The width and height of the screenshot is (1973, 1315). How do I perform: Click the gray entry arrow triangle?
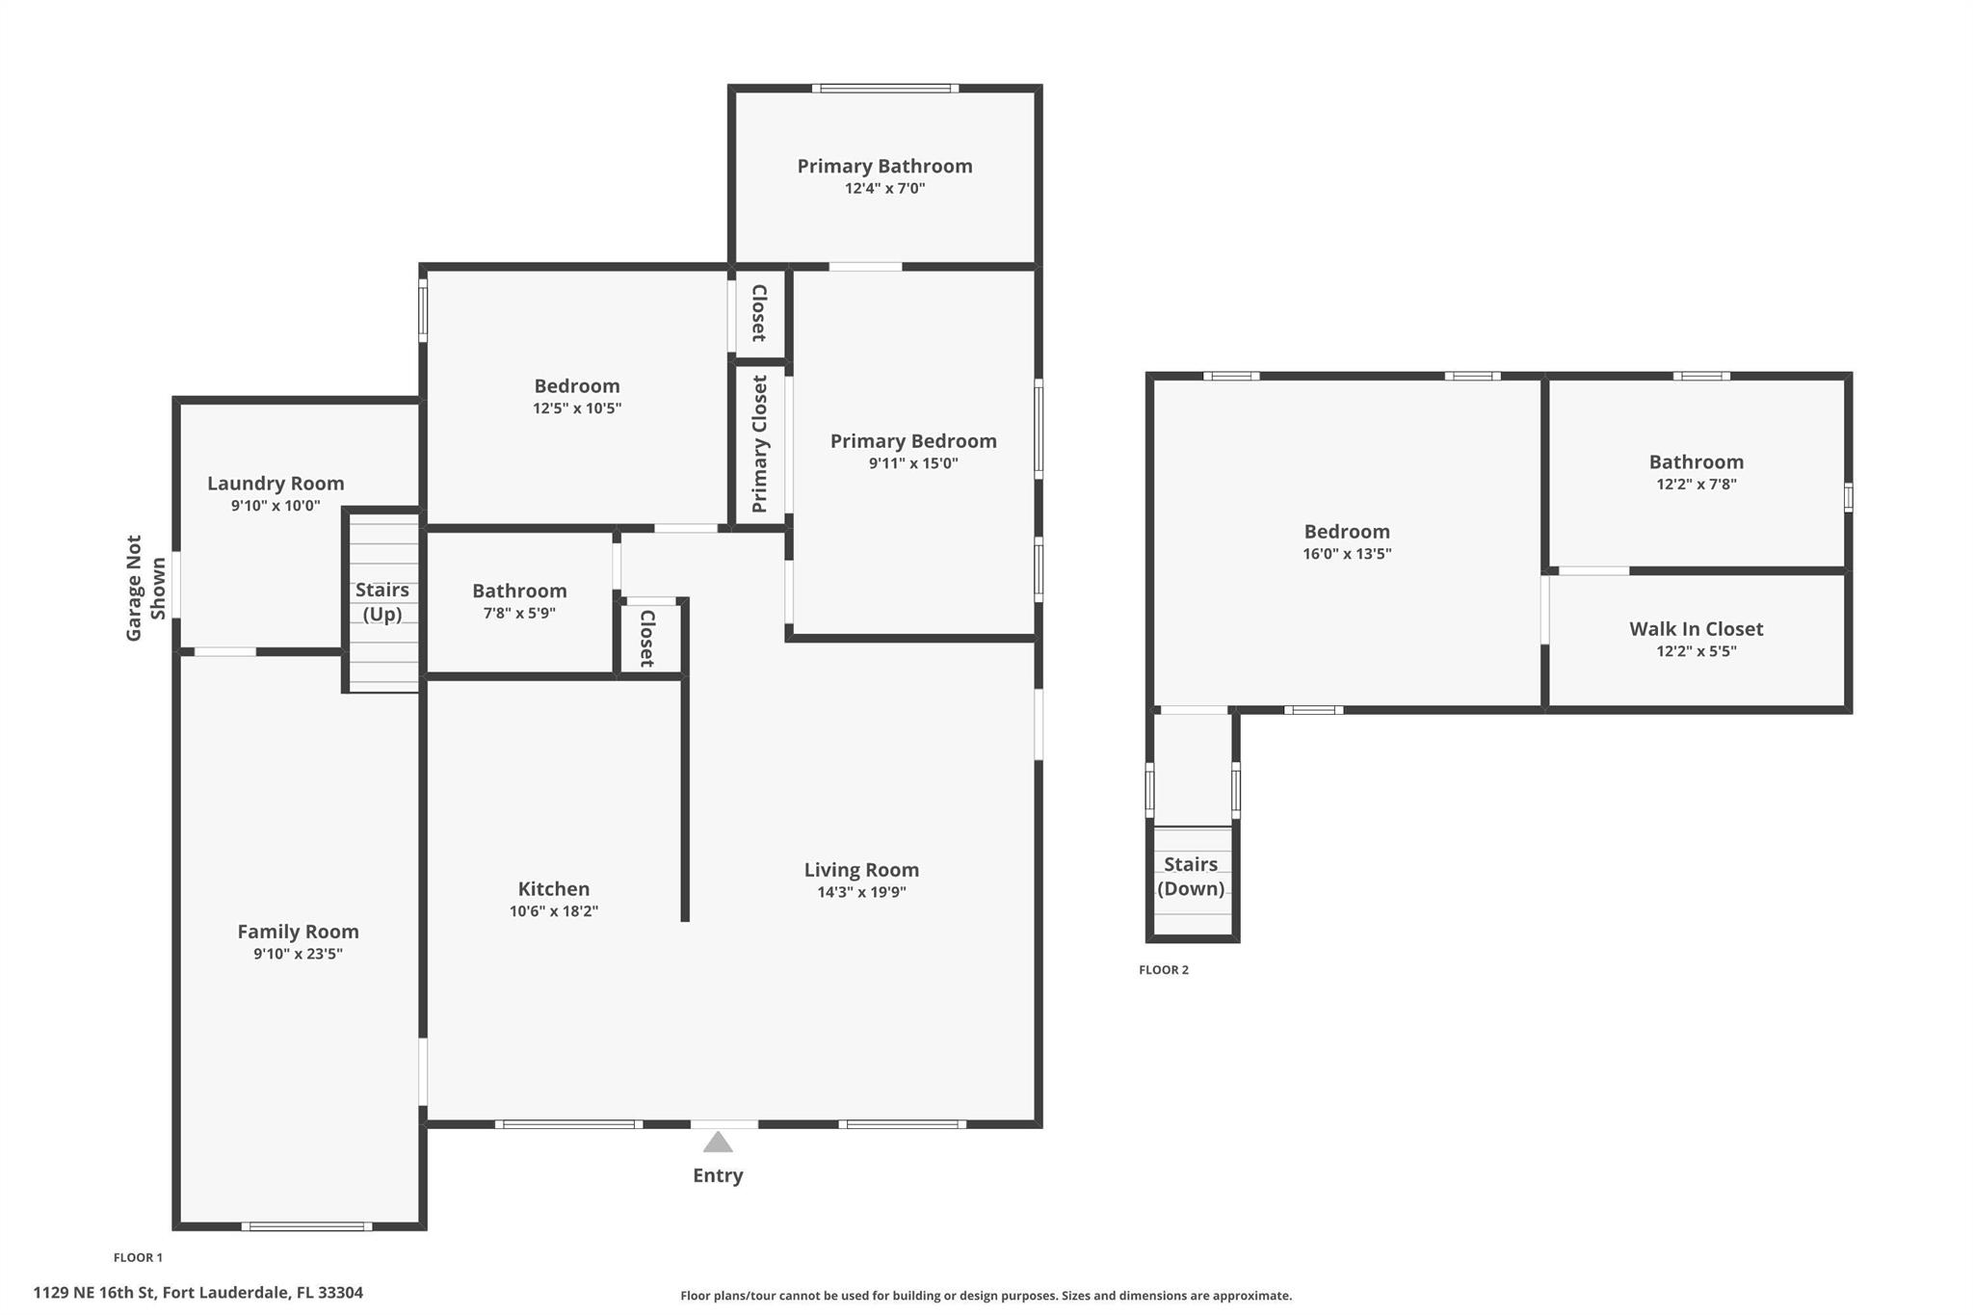pos(718,1143)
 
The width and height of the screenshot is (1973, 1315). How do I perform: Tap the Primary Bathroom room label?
pos(884,166)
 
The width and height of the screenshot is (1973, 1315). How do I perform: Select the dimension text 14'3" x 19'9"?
pos(861,892)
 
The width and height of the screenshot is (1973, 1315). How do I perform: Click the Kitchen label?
pos(553,888)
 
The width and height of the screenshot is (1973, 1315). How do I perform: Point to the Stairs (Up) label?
pos(382,602)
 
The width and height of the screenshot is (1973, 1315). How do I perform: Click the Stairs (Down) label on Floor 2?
pos(1191,876)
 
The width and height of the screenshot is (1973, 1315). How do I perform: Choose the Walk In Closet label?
pos(1696,629)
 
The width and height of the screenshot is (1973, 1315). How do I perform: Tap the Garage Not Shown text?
pos(145,588)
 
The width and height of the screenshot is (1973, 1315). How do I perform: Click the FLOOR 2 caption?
pos(1164,970)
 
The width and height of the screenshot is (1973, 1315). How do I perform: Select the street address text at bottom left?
pos(197,1293)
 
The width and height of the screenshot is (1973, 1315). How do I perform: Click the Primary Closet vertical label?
pos(760,444)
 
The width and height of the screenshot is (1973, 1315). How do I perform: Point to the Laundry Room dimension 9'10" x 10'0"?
pos(276,506)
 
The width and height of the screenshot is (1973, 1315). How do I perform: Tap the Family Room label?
pos(298,932)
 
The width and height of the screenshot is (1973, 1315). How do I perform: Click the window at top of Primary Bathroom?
pos(884,89)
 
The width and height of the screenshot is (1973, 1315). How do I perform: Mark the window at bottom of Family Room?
pos(306,1226)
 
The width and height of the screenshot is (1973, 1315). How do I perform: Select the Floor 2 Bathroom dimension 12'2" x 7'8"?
pos(1696,485)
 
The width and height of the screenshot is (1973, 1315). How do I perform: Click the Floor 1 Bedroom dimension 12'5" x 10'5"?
pos(577,408)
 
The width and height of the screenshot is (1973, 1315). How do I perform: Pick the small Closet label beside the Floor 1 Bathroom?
pos(647,638)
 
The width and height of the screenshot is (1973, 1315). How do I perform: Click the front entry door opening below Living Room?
pos(724,1123)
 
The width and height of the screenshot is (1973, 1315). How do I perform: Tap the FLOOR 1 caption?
pos(138,1257)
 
